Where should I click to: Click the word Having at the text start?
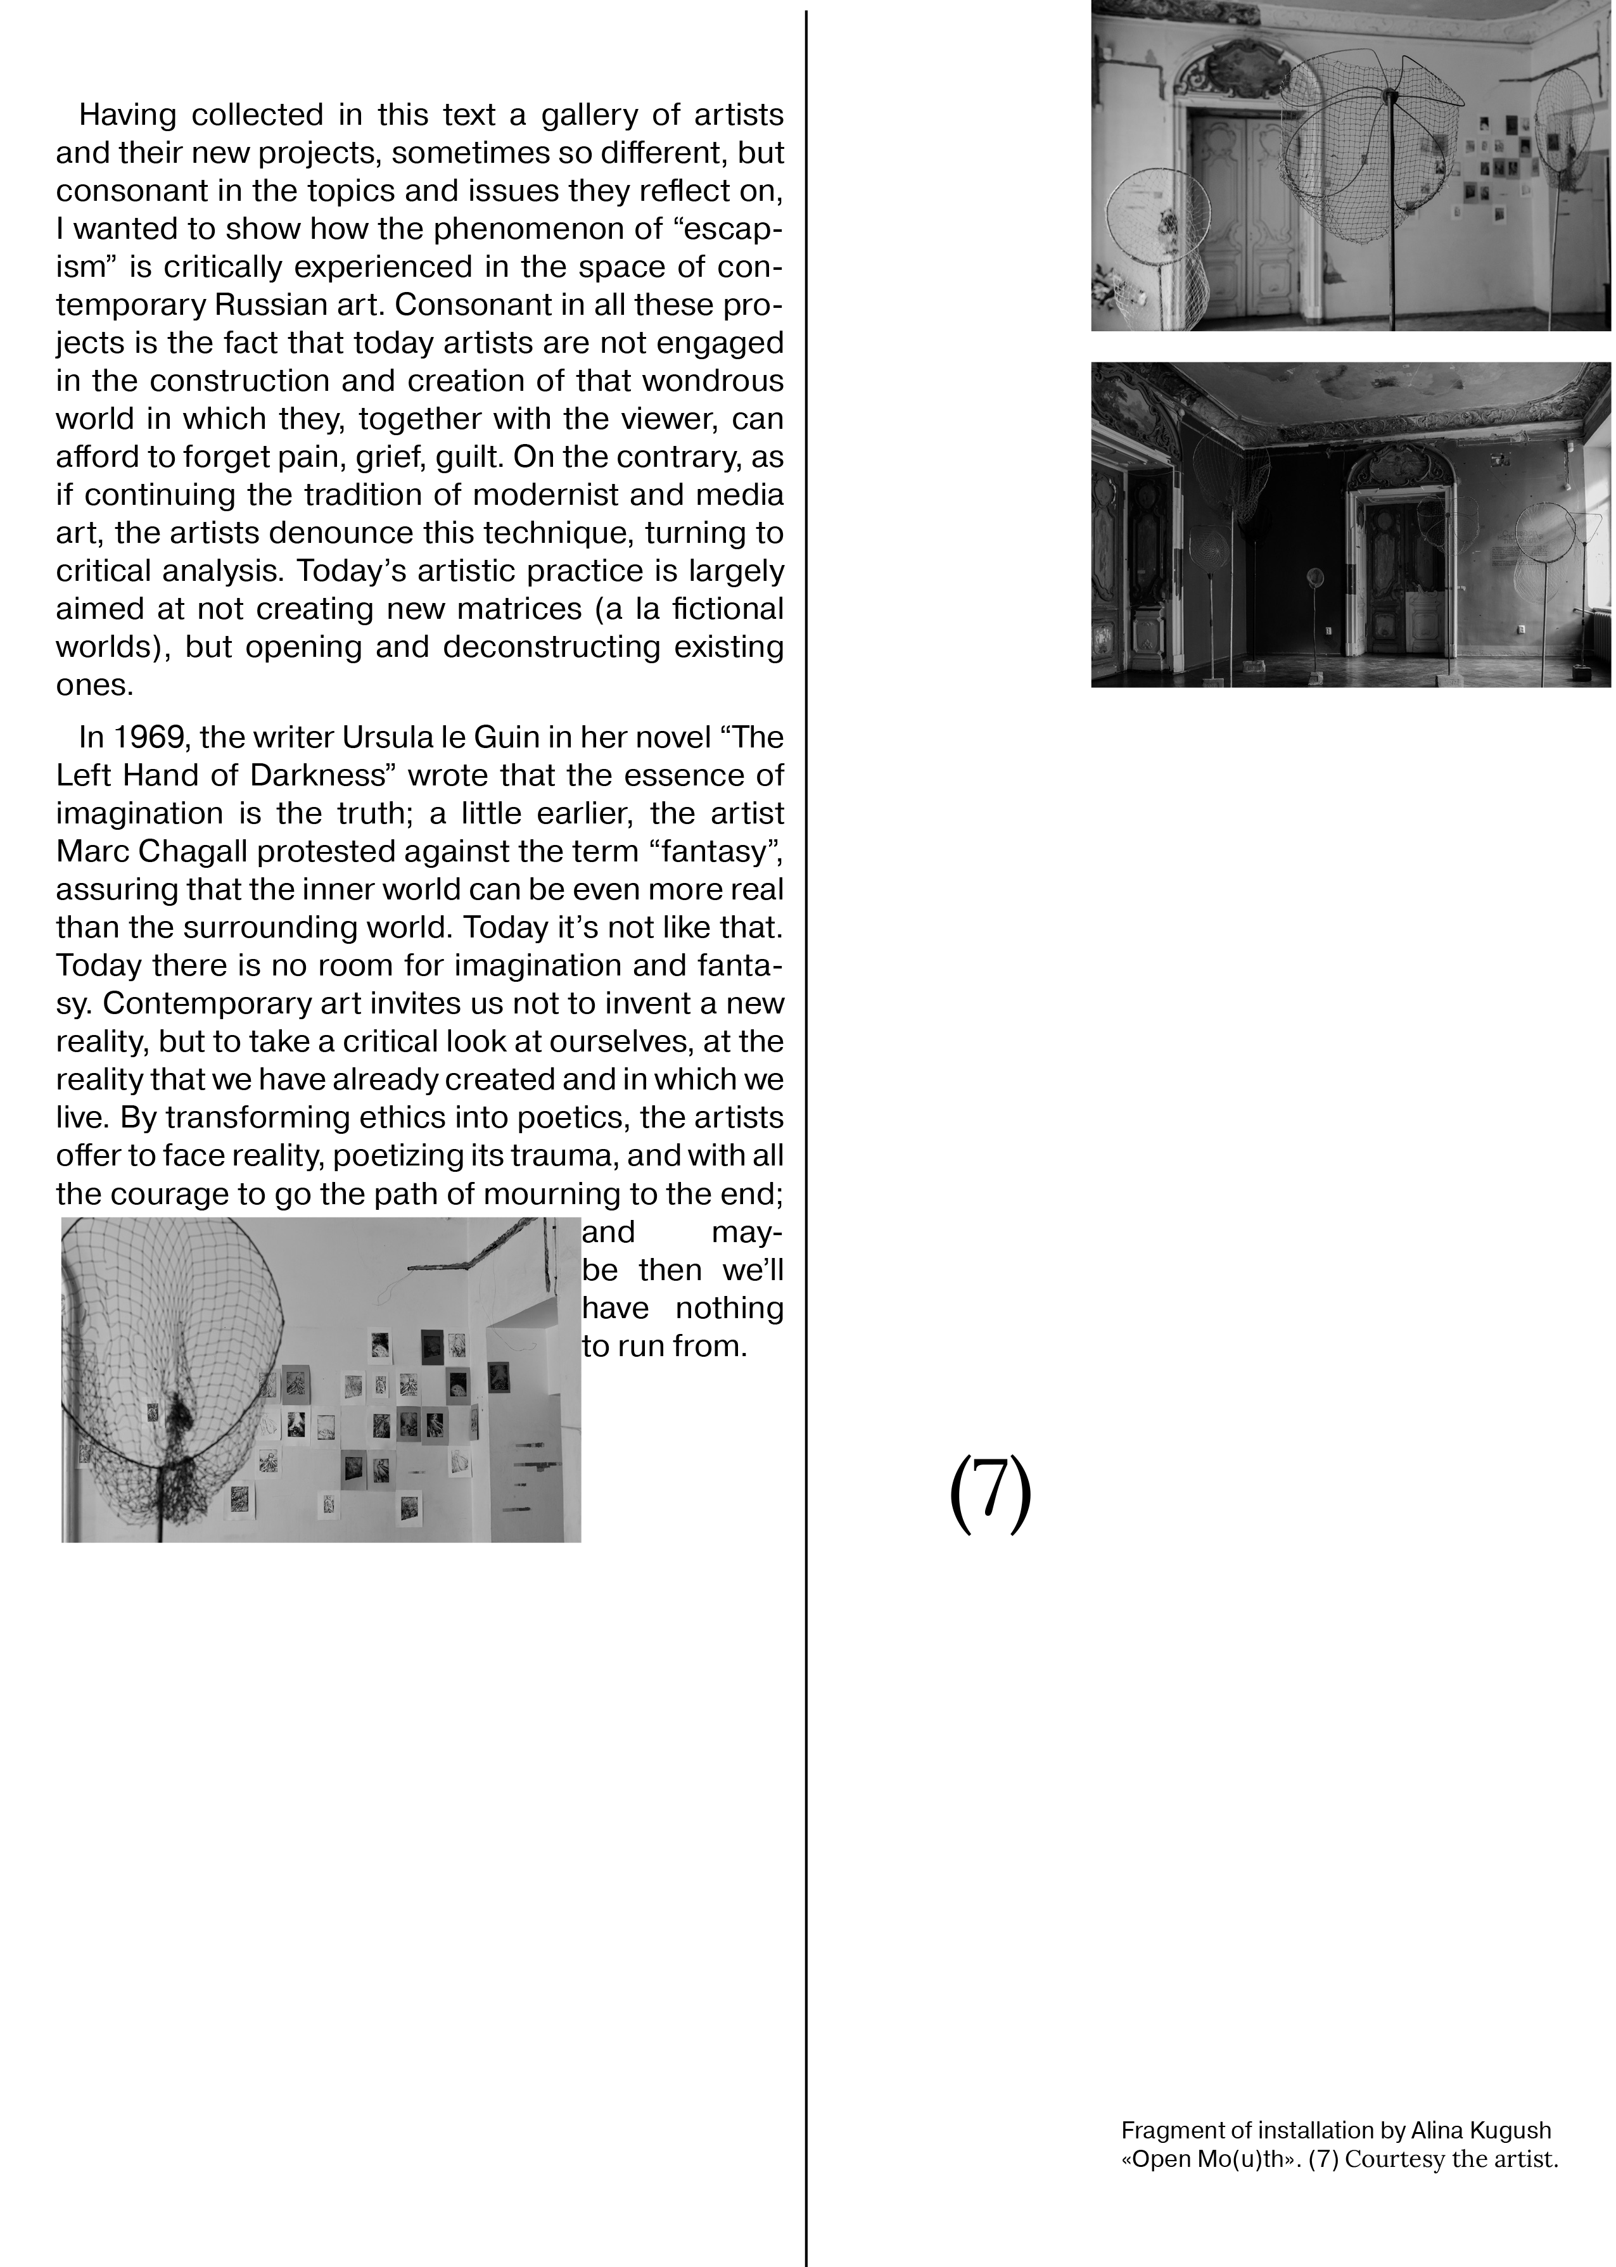point(126,115)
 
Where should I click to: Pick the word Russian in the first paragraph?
point(331,305)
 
